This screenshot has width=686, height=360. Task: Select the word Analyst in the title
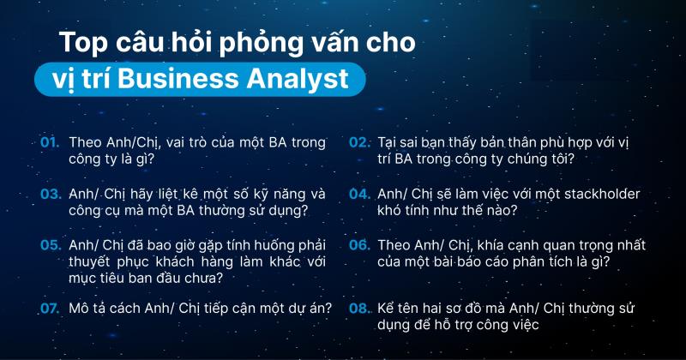click(x=302, y=78)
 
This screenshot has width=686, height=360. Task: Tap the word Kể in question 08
click(x=388, y=309)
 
